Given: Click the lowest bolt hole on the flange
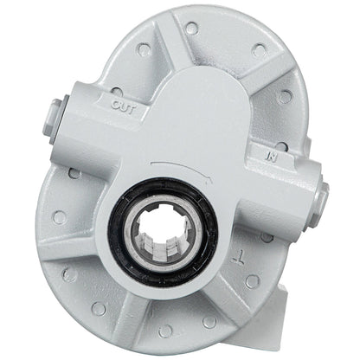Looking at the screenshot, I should tap(164, 331).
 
